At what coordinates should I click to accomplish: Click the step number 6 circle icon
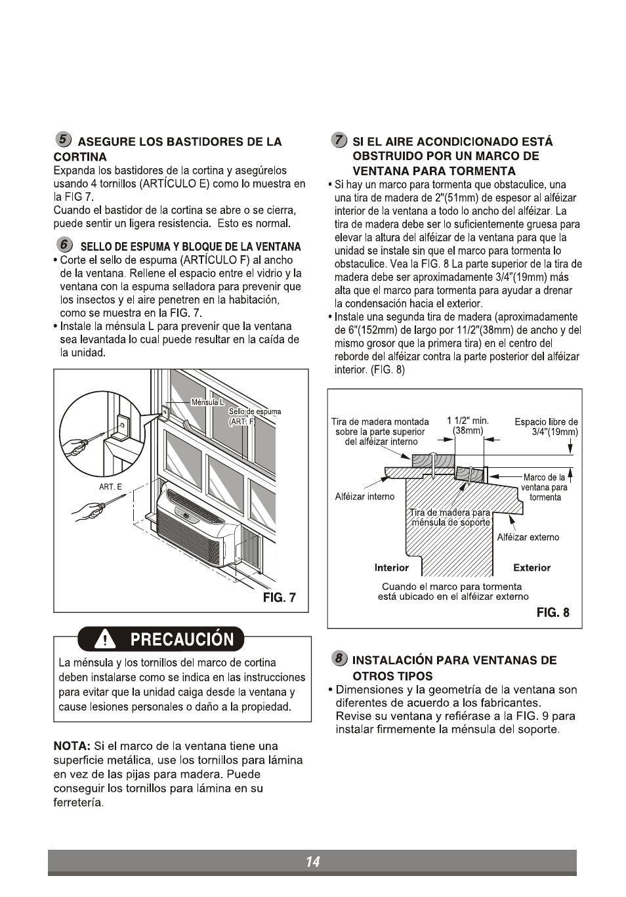tap(63, 245)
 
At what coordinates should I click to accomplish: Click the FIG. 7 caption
tap(279, 597)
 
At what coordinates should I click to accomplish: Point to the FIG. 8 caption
tap(553, 612)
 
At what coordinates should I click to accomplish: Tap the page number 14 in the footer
tap(312, 862)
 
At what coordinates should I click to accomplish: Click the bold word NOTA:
tap(72, 746)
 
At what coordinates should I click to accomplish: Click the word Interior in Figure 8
tap(391, 568)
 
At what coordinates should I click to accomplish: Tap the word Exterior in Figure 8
tap(532, 568)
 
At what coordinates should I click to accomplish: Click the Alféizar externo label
tap(528, 537)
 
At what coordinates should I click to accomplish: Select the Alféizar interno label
tap(365, 496)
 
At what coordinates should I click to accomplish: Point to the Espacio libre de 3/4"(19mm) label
tap(546, 427)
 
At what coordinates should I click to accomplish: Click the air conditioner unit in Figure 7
tap(197, 528)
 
